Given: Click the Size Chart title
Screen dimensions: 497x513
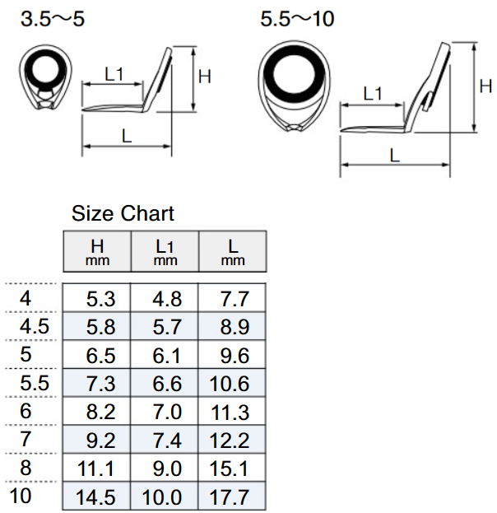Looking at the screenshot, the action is pyautogui.click(x=123, y=213).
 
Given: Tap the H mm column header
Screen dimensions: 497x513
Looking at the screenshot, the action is pyautogui.click(x=97, y=251).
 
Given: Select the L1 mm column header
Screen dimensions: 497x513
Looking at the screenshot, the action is pyautogui.click(x=165, y=251).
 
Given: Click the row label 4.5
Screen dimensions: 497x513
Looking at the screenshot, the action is pyautogui.click(x=35, y=326).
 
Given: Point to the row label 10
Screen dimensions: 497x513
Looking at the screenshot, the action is pyautogui.click(x=21, y=496).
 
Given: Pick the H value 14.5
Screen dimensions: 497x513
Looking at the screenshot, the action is pyautogui.click(x=95, y=497).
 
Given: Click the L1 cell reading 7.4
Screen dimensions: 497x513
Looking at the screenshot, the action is pyautogui.click(x=167, y=441).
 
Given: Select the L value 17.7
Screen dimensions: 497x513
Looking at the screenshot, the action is pyautogui.click(x=230, y=497).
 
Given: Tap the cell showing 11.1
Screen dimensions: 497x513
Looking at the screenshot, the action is pyautogui.click(x=95, y=469).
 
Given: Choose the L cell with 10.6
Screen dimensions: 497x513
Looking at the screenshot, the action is pyautogui.click(x=230, y=384).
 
